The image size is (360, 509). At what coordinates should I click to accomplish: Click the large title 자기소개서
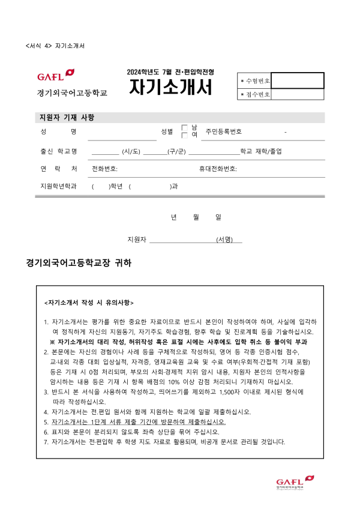click(171, 88)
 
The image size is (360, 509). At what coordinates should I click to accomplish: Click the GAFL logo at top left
click(56, 76)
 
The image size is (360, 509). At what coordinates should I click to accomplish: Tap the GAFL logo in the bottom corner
click(295, 482)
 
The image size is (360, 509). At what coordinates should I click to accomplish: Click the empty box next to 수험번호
click(297, 80)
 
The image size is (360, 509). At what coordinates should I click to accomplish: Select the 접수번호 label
click(255, 94)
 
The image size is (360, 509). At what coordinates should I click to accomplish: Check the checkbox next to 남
click(185, 127)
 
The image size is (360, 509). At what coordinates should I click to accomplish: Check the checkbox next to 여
click(185, 135)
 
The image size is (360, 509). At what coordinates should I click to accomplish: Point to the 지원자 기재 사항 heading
click(67, 117)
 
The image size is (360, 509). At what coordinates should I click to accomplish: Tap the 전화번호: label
click(104, 169)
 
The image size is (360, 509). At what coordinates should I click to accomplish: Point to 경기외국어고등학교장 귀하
click(79, 263)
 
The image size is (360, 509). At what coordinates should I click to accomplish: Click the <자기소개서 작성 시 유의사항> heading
click(89, 302)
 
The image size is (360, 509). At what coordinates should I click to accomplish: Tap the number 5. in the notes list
click(46, 422)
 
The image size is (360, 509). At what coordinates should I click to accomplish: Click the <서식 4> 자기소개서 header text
click(56, 46)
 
